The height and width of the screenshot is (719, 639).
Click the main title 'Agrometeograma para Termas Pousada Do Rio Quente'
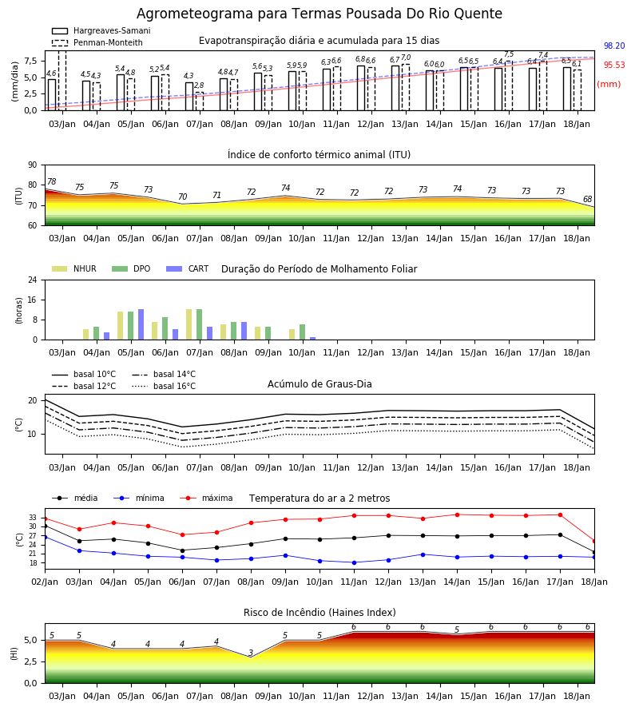click(319, 14)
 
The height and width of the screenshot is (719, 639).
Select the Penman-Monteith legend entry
click(97, 42)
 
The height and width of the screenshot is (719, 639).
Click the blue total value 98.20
click(614, 46)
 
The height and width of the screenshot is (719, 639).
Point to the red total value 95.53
click(614, 66)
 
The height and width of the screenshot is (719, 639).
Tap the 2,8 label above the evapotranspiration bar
click(199, 85)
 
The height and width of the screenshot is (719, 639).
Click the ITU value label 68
click(588, 199)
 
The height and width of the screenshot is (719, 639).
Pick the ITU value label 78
click(51, 181)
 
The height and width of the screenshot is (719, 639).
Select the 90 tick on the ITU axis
click(32, 165)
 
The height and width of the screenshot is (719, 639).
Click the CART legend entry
click(188, 268)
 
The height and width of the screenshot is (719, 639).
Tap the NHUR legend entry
click(74, 268)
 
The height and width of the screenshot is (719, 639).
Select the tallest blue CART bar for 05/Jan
click(141, 324)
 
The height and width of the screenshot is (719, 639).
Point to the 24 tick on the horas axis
click(33, 280)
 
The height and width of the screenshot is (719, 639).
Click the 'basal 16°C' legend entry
click(164, 386)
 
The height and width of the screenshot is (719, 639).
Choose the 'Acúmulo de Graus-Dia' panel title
click(319, 384)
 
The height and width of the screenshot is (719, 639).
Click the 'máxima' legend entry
click(206, 498)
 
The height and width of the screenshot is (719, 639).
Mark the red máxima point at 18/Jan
click(594, 542)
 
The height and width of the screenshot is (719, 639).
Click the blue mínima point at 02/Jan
click(45, 537)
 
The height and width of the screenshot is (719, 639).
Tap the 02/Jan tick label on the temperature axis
click(45, 582)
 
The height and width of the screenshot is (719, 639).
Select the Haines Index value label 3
click(251, 653)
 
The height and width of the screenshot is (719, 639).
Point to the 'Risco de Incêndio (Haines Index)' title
click(319, 613)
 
